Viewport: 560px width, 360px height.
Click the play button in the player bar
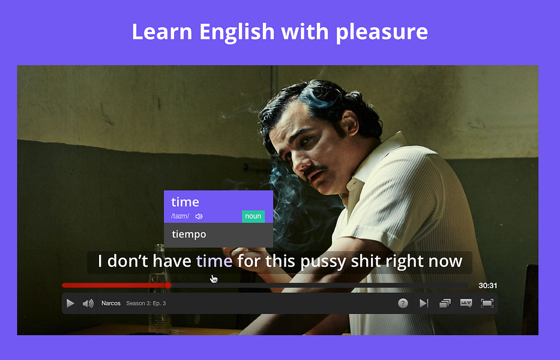(70, 303)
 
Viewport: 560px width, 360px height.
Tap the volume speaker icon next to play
(88, 303)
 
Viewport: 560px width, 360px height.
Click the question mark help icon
(403, 303)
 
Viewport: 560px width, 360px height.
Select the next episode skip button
(424, 303)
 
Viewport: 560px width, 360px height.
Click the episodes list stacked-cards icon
(445, 303)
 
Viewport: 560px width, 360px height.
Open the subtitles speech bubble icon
(466, 303)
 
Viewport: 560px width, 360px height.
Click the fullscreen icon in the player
(487, 303)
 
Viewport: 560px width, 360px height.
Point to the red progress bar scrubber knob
(168, 285)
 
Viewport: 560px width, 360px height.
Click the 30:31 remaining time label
(488, 286)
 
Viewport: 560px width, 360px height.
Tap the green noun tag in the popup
(253, 216)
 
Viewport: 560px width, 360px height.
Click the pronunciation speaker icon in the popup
(199, 216)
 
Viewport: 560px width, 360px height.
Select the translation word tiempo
(189, 234)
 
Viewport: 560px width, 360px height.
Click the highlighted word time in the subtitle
(214, 261)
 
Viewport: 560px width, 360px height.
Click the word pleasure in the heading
(381, 32)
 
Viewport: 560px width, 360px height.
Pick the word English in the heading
(237, 32)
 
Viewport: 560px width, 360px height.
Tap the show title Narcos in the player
(111, 303)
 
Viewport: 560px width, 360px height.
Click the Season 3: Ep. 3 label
(146, 303)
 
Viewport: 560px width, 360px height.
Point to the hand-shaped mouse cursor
(214, 278)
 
